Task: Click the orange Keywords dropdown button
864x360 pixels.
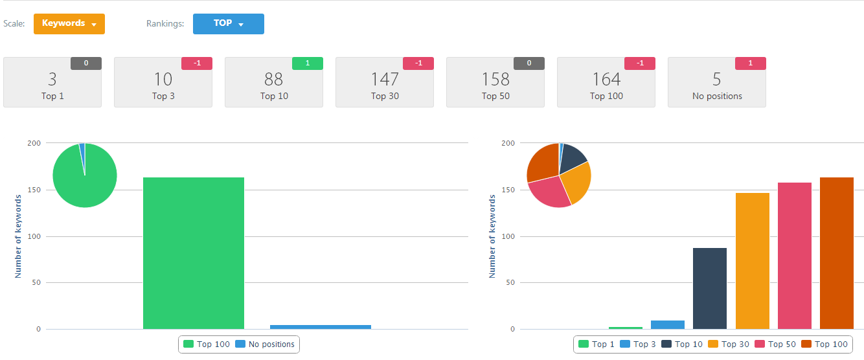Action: pos(69,24)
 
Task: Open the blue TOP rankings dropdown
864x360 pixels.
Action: pos(228,24)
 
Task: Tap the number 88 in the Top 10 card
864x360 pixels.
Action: pos(273,80)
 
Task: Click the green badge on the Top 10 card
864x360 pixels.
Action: pos(307,63)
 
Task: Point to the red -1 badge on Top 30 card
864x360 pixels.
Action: pos(418,63)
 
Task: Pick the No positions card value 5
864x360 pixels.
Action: pos(716,80)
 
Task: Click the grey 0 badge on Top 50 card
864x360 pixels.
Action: pos(529,63)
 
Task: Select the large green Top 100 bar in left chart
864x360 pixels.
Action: pos(194,253)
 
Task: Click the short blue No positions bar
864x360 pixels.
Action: pos(320,327)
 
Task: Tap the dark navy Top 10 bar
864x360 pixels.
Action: pos(710,288)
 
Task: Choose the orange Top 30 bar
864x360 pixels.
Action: pos(752,260)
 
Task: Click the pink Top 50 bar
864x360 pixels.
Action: pos(794,255)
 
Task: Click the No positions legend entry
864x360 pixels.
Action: pos(265,344)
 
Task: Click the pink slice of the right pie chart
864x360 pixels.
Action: pos(549,192)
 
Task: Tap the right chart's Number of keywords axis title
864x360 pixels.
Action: pos(492,237)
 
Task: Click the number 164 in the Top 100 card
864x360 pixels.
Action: pos(606,80)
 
